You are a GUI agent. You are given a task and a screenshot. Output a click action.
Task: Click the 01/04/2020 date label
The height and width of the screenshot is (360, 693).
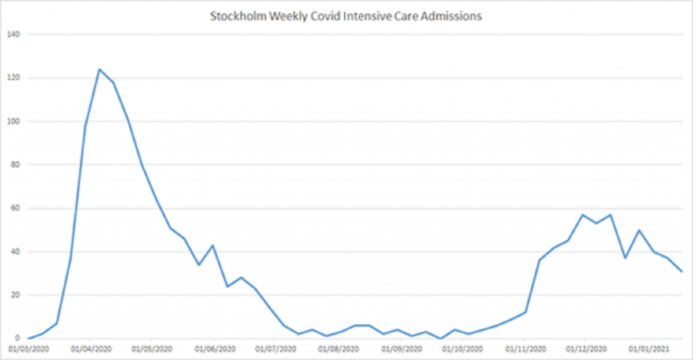click(x=90, y=349)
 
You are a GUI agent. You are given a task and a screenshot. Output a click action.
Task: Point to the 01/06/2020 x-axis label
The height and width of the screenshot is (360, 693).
click(x=214, y=349)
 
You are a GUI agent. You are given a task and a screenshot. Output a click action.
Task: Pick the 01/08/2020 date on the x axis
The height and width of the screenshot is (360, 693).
click(x=338, y=349)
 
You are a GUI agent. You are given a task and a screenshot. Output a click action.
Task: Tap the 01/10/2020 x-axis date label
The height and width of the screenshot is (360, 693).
click(x=463, y=349)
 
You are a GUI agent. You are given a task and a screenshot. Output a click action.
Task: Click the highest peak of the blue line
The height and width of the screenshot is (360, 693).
click(x=99, y=69)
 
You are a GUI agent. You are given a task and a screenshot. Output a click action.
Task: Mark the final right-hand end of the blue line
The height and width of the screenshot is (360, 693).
click(x=681, y=271)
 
